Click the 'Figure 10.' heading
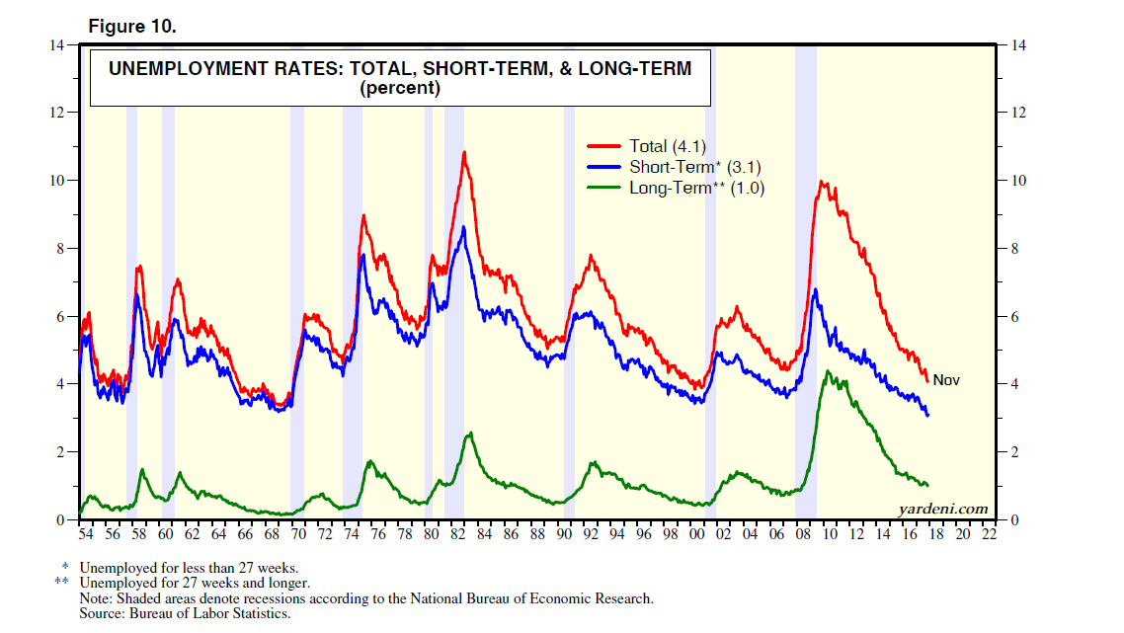pyautogui.click(x=132, y=27)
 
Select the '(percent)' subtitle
pyautogui.click(x=399, y=88)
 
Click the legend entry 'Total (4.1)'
pyautogui.click(x=668, y=146)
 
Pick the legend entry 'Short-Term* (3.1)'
pyautogui.click(x=695, y=167)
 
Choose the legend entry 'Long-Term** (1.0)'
pyautogui.click(x=697, y=188)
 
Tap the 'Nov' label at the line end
pyautogui.click(x=946, y=380)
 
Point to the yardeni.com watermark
pyautogui.click(x=942, y=509)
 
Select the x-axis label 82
pyautogui.click(x=457, y=534)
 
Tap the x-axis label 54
pyautogui.click(x=85, y=534)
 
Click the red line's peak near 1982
pyautogui.click(x=463, y=152)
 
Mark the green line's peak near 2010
pyautogui.click(x=827, y=371)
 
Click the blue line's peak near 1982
pyautogui.click(x=463, y=227)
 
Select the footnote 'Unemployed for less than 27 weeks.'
pyautogui.click(x=188, y=568)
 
